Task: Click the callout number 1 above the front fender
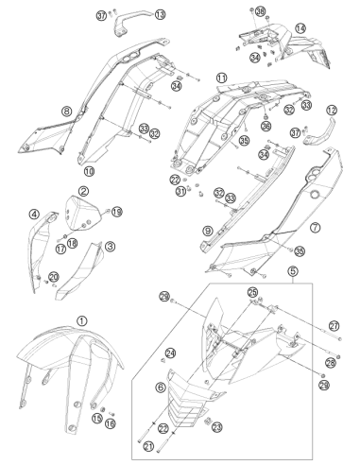(x=82, y=321)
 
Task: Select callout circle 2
(x=83, y=191)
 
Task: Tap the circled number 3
(x=110, y=247)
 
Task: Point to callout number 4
(x=34, y=215)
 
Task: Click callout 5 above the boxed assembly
(x=293, y=270)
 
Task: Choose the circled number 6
(x=161, y=387)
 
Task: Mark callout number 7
(x=316, y=228)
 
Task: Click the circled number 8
(x=67, y=111)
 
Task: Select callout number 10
(x=89, y=171)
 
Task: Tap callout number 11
(x=221, y=77)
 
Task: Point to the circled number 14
(x=300, y=28)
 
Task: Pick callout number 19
(x=117, y=212)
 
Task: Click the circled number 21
(x=148, y=446)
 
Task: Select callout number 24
(x=170, y=353)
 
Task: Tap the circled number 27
(x=334, y=325)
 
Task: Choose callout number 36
(x=266, y=126)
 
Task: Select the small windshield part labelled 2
(x=81, y=213)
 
